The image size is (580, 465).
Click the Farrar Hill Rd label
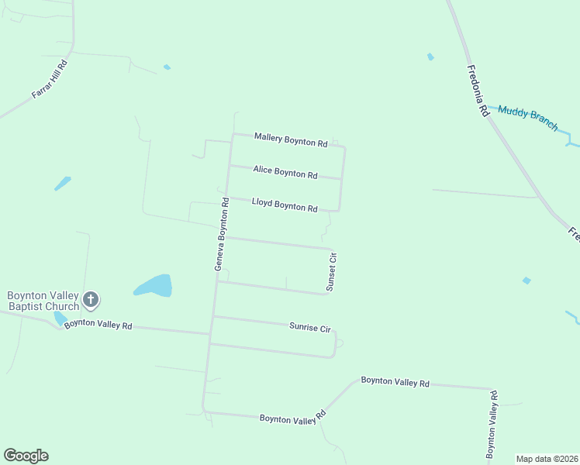click(50, 78)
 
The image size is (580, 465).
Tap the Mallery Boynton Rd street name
click(291, 139)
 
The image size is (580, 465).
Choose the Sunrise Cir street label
click(310, 327)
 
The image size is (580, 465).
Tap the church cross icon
click(91, 299)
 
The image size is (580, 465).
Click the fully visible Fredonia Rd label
click(478, 89)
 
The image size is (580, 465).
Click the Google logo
click(26, 456)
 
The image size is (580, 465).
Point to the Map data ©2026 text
click(547, 459)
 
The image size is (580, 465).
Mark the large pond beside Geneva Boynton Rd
click(153, 285)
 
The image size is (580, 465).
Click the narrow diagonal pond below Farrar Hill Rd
click(63, 184)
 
